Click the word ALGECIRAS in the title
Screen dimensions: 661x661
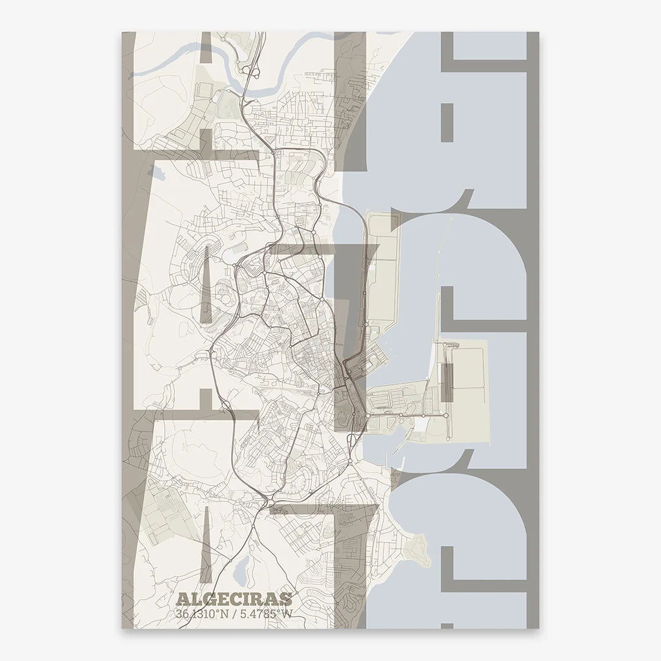pos(234,600)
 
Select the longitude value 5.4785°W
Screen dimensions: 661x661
pos(265,615)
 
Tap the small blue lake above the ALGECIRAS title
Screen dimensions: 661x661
pos(239,571)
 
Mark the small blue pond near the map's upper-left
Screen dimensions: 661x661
pos(156,172)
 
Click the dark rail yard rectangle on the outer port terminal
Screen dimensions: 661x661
pos(446,381)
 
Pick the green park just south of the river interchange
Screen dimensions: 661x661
pos(226,103)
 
